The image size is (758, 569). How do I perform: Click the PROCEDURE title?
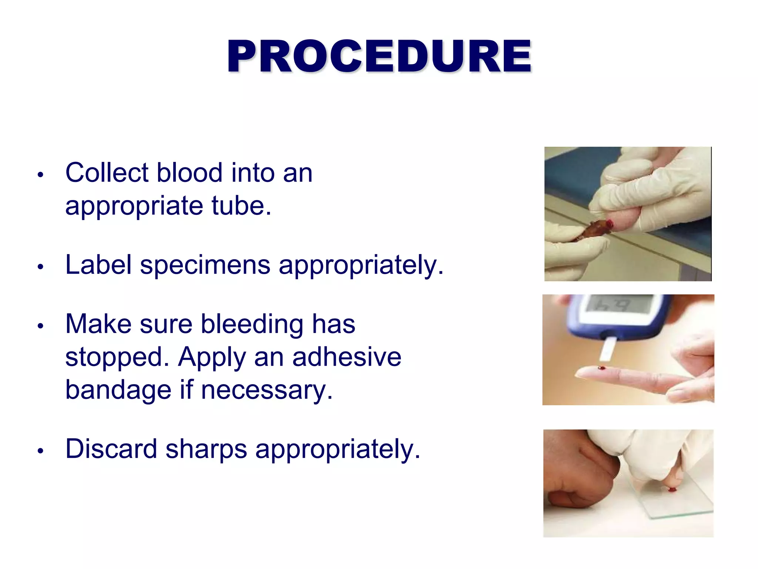pos(379,56)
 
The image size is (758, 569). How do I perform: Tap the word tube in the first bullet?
pos(241,206)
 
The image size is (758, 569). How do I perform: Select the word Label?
pos(98,265)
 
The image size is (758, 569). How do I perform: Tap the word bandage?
pos(118,390)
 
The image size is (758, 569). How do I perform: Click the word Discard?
pos(111,449)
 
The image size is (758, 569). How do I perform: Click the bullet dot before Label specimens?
pos(41,267)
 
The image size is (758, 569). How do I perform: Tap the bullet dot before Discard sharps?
pos(41,451)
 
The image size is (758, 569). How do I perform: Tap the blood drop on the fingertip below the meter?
pos(602,368)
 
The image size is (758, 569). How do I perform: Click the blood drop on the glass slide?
pos(671,490)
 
